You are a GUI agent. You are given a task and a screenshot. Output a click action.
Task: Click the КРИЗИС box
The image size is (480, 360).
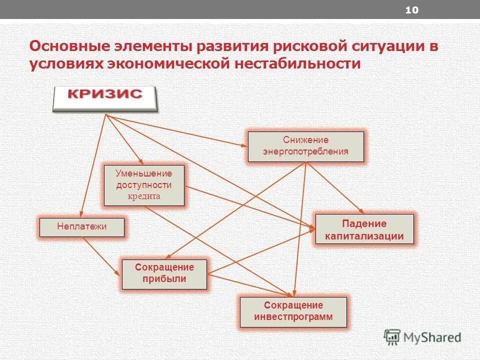click(x=105, y=98)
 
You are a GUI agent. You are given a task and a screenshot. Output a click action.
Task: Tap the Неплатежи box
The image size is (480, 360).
click(x=82, y=227)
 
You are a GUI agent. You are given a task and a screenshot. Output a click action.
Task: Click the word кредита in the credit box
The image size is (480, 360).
click(x=144, y=196)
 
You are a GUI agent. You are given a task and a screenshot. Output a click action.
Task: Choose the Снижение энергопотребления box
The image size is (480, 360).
click(x=305, y=146)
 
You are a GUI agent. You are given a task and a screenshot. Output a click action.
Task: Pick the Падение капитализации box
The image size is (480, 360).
click(x=364, y=229)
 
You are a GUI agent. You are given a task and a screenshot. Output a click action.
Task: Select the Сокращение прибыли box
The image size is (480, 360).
click(x=164, y=273)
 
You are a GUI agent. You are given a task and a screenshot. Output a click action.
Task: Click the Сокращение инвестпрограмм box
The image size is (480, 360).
click(x=293, y=311)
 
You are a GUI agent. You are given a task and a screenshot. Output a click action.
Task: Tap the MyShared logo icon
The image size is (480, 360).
click(x=392, y=337)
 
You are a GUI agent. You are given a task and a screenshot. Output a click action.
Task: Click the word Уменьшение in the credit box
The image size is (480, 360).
click(x=144, y=173)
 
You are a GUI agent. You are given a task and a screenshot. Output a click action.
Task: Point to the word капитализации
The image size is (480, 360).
click(x=364, y=236)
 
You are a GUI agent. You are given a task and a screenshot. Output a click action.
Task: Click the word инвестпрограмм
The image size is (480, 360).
click(x=293, y=317)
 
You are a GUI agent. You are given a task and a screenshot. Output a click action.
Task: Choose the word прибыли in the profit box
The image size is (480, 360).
click(x=164, y=279)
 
